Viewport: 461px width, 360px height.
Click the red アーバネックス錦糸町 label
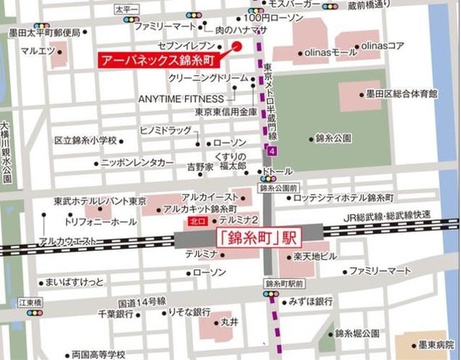(x=158, y=58)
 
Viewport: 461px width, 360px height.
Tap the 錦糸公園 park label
(x=333, y=139)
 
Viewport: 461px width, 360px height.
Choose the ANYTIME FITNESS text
(x=181, y=99)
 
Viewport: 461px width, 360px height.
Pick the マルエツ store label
(x=38, y=52)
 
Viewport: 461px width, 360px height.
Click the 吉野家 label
(x=200, y=166)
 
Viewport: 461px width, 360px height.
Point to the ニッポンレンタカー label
(x=138, y=163)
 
